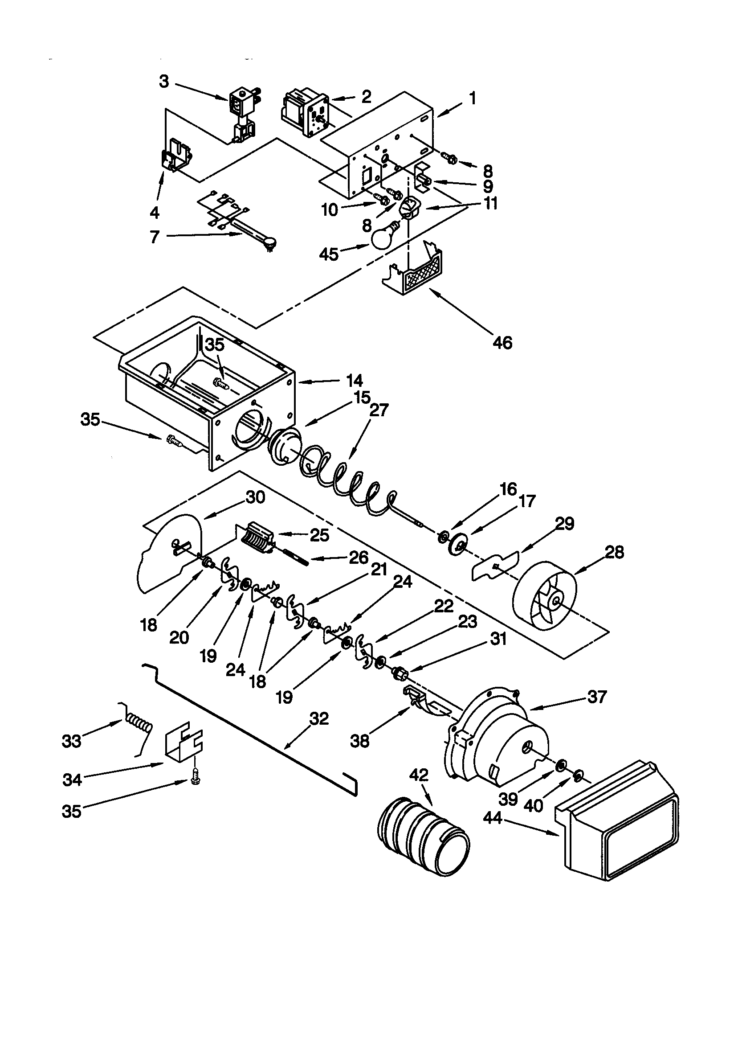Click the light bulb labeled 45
point(384,235)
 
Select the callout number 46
point(502,343)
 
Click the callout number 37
point(596,697)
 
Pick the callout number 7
point(155,237)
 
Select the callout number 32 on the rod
point(319,719)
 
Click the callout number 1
point(473,98)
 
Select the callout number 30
point(255,497)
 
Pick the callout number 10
point(330,209)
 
